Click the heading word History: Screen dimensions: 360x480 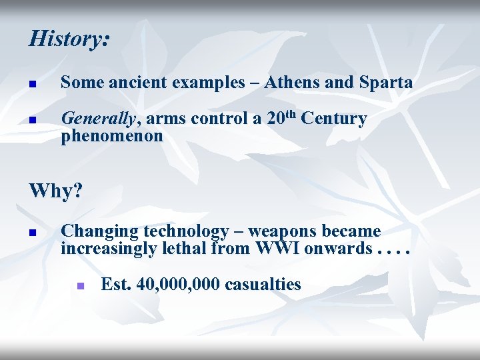point(69,38)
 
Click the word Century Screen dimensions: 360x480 point(333,119)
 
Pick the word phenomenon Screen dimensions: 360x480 point(112,136)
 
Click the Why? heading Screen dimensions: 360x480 point(56,191)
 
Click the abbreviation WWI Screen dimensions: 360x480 point(273,249)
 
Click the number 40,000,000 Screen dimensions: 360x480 point(178,285)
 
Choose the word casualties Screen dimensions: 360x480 point(263,285)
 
